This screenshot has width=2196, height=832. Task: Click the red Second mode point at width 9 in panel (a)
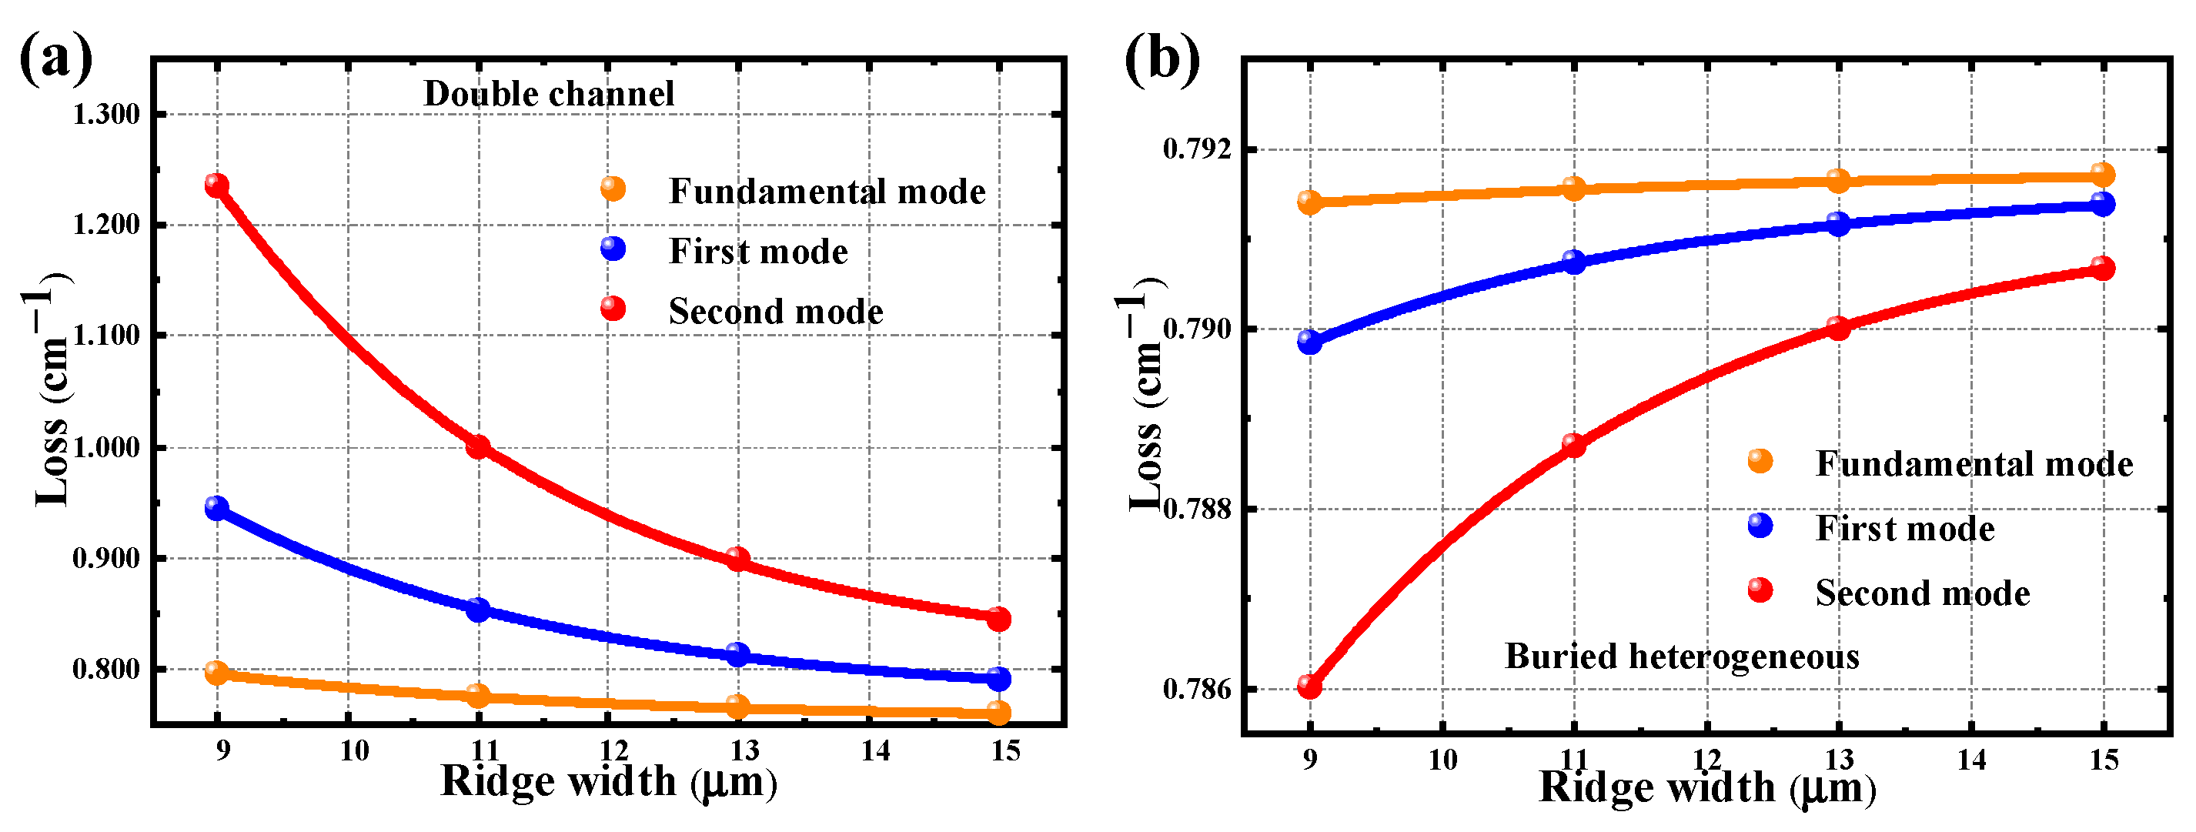tap(216, 185)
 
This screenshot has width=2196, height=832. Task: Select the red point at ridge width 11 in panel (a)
tap(478, 446)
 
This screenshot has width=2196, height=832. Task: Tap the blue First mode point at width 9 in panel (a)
tap(216, 509)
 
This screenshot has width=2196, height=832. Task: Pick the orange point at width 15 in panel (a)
tap(999, 713)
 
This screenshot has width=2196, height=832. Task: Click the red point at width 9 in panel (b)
tap(1309, 687)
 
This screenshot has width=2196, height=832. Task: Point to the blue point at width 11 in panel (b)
tap(1574, 262)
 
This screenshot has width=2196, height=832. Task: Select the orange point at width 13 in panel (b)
tap(1838, 181)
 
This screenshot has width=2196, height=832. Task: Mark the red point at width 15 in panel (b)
tap(2103, 269)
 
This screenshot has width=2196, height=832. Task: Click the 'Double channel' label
tap(548, 94)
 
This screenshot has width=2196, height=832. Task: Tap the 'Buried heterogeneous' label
tap(1682, 657)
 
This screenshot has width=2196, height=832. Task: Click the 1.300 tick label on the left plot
tap(105, 114)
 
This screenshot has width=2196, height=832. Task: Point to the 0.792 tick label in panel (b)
tap(1197, 149)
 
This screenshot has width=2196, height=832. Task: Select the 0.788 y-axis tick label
tap(1197, 509)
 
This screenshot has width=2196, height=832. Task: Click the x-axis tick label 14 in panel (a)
tap(874, 751)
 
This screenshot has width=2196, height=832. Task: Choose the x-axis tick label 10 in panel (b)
tap(1442, 760)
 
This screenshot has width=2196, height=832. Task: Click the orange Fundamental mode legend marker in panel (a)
tap(613, 189)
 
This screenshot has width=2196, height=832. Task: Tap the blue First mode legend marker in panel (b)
tap(1760, 526)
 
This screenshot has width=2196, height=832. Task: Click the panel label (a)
tap(55, 58)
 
